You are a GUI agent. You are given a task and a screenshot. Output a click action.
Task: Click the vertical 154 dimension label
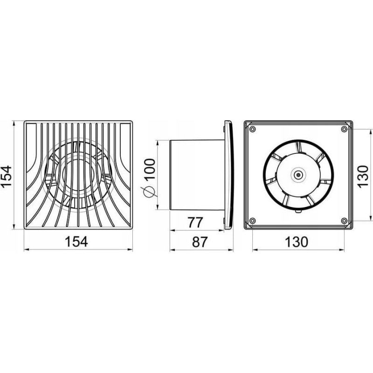coord(7,176)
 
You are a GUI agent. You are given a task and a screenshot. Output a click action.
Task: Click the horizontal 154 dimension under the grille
coord(76,241)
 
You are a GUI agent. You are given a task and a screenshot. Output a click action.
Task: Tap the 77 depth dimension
coord(195,222)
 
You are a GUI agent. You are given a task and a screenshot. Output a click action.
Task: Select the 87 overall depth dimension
coord(200,242)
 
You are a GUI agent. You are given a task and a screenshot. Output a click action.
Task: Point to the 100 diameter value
coord(150,169)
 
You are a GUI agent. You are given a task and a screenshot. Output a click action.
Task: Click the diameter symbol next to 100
coord(149,192)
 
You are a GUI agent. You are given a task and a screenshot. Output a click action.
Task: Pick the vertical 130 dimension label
coord(363,177)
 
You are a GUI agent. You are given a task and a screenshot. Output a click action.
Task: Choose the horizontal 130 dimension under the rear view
coord(297,242)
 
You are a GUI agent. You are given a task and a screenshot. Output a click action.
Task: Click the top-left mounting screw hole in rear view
coord(253,129)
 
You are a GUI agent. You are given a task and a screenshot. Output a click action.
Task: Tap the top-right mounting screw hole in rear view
coord(344,129)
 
